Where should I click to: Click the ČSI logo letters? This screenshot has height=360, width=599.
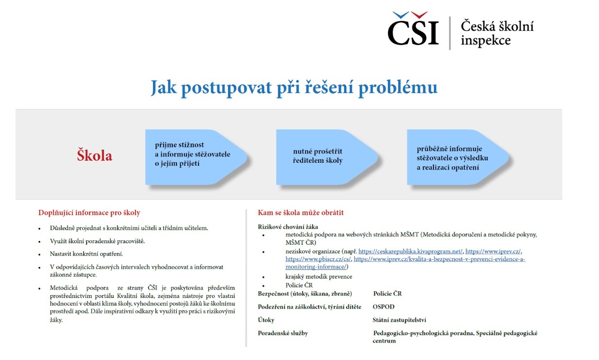click(x=413, y=29)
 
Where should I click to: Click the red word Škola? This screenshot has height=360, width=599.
click(x=94, y=156)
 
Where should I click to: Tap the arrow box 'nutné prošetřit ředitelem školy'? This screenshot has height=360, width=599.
click(x=327, y=157)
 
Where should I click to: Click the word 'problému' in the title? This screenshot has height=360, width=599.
click(x=398, y=88)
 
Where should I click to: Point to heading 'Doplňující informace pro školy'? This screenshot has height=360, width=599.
click(x=89, y=213)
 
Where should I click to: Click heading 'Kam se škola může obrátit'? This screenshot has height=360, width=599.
click(x=301, y=213)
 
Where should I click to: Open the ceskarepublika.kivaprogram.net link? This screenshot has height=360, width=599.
click(x=410, y=251)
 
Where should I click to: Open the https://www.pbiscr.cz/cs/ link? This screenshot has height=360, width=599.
click(x=318, y=259)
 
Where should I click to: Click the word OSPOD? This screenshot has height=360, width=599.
click(x=384, y=307)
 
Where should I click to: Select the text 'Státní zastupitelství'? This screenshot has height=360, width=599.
click(x=399, y=320)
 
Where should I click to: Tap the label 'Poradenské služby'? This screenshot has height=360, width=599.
click(x=283, y=333)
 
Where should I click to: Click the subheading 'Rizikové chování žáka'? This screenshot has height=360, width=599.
click(x=288, y=227)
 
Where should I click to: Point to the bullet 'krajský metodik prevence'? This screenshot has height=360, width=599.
click(x=319, y=277)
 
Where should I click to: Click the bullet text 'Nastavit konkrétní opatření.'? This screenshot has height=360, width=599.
click(x=86, y=254)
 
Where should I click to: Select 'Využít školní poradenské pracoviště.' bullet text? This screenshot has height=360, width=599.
click(x=97, y=241)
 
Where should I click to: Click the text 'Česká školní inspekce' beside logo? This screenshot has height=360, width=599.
click(x=497, y=33)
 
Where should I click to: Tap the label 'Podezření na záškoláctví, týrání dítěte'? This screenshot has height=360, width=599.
click(x=309, y=307)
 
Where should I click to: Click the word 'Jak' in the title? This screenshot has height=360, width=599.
click(x=163, y=88)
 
